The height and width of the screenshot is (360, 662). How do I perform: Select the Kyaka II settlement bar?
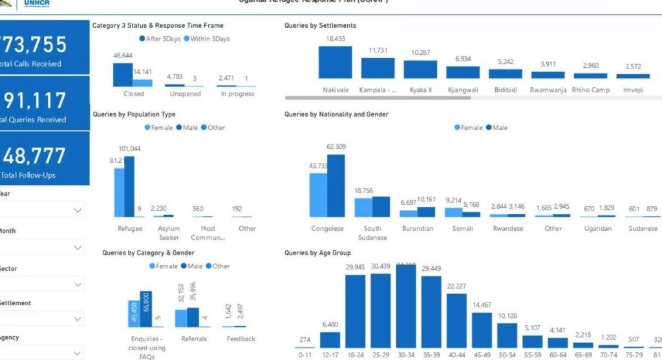tap(420, 69)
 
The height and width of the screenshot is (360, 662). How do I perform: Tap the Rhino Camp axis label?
tap(590, 90)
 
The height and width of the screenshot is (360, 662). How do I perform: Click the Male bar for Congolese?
tap(336, 185)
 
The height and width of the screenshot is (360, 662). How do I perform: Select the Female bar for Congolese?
tap(319, 195)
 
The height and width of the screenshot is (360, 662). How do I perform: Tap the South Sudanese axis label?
tap(372, 233)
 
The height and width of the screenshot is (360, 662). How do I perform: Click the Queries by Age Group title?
tap(317, 253)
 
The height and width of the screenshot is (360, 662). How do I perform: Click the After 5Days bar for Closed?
tap(122, 74)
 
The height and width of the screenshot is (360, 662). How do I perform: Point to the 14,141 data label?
tap(143, 71)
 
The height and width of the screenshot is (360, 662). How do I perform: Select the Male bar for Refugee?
tap(129, 187)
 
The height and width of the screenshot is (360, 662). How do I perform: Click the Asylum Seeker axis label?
tap(169, 233)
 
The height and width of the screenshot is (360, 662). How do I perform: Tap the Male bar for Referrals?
tap(193, 317)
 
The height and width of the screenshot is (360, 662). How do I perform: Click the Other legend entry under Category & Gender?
tap(218, 266)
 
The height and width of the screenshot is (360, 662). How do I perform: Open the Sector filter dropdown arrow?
tap(78, 284)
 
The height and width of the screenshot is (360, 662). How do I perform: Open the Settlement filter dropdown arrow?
tap(78, 319)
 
